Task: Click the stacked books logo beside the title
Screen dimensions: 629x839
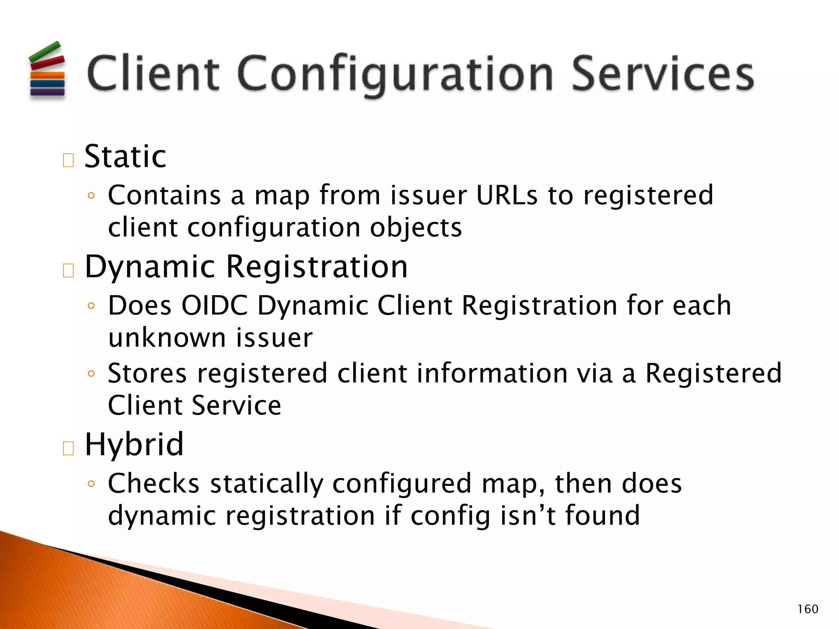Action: [x=47, y=70]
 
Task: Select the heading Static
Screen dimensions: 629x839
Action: [x=125, y=156]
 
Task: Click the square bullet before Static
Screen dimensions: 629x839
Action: [x=68, y=160]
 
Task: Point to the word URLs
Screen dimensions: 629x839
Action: [x=506, y=195]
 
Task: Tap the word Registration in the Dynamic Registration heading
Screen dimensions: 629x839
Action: [x=317, y=267]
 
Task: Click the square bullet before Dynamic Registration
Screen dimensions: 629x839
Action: [x=68, y=271]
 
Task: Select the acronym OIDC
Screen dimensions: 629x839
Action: [x=215, y=305]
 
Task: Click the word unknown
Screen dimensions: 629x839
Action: [x=167, y=338]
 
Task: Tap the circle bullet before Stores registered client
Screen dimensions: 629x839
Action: [x=91, y=373]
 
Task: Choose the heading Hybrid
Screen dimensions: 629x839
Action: [x=134, y=444]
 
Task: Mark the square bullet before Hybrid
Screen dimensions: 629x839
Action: [x=68, y=448]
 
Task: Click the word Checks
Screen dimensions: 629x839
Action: [x=153, y=484]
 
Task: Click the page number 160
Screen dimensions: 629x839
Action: [x=807, y=609]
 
